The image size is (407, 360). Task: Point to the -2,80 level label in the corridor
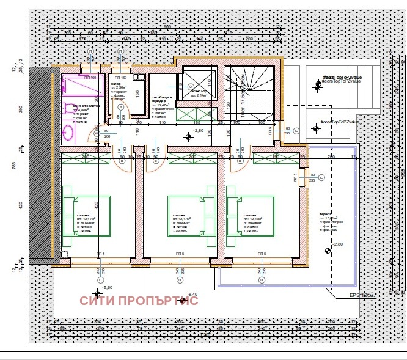click(x=197, y=131)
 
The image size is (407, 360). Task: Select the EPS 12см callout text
click(x=361, y=296)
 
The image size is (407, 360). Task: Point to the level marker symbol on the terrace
click(x=328, y=250)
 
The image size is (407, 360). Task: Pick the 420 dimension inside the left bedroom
click(x=96, y=205)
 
